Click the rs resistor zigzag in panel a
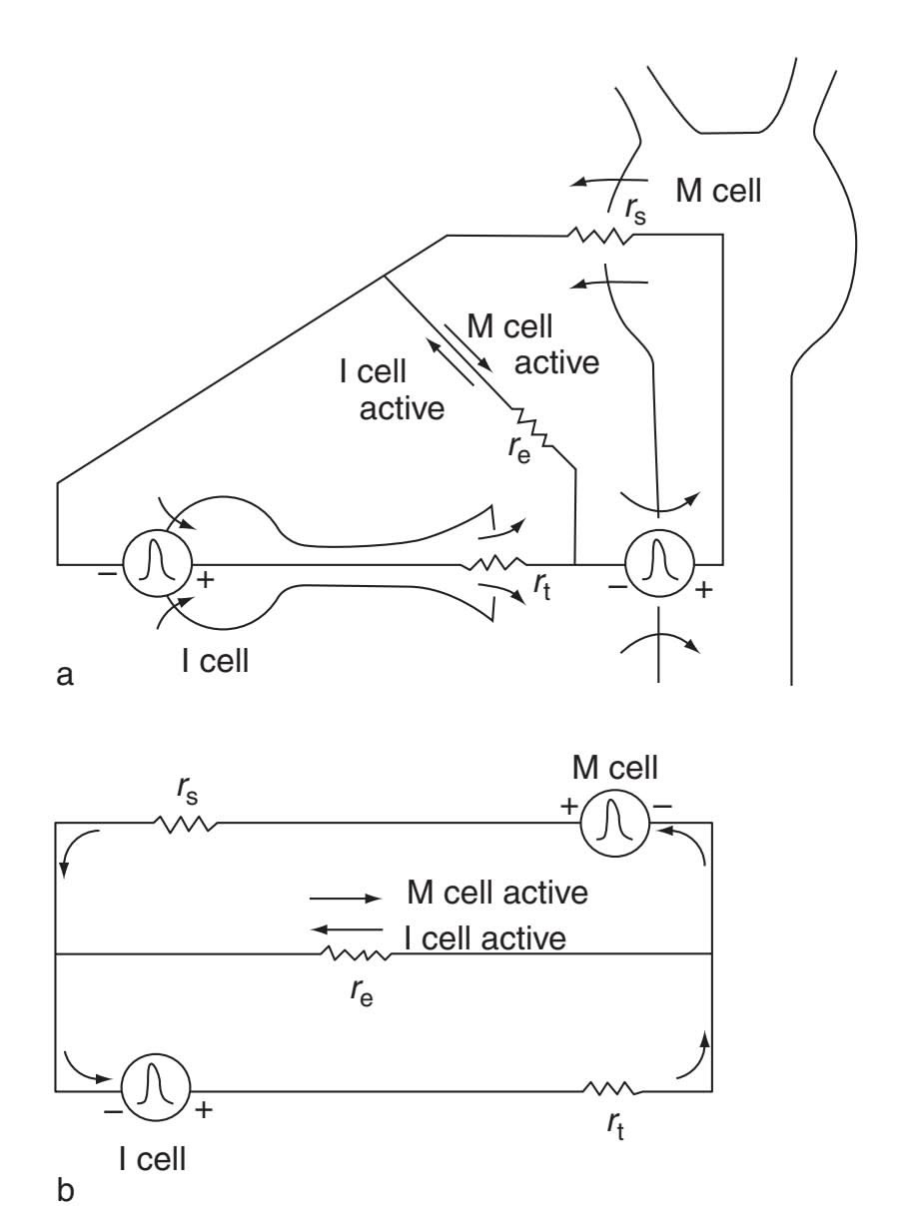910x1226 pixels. (600, 236)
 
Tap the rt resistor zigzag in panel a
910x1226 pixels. (493, 564)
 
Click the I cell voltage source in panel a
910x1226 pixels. (157, 563)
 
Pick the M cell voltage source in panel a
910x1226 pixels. (659, 563)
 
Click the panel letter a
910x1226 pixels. (65, 676)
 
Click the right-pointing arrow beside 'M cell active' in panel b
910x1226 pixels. (346, 899)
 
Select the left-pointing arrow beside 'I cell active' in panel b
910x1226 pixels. (347, 929)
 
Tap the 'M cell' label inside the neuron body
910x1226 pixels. (718, 191)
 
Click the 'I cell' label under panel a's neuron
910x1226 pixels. (215, 661)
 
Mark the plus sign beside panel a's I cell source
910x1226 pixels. (205, 580)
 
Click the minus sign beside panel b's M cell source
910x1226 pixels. (662, 807)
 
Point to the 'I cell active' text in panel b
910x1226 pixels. (485, 938)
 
